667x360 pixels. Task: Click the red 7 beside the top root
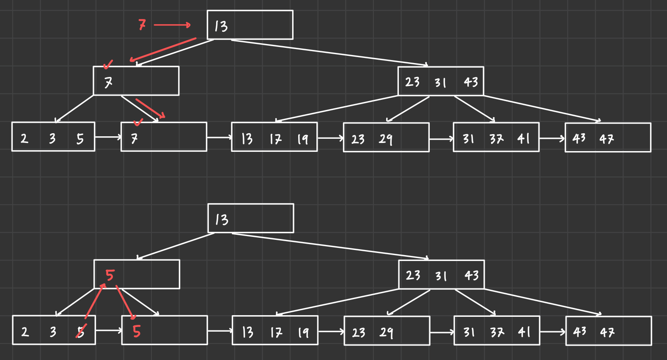[x=142, y=25]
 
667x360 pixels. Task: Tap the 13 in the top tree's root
[x=221, y=26]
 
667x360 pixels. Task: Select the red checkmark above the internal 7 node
[x=108, y=64]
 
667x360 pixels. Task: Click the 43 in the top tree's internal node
[x=471, y=82]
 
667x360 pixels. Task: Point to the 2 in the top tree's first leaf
[x=24, y=138]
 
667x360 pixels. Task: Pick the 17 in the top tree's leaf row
[x=276, y=139]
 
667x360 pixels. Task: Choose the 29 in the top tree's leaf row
[x=385, y=139]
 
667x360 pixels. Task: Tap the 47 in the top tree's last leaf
[x=607, y=139]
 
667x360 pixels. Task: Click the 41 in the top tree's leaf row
[x=523, y=138]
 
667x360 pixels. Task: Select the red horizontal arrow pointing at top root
[x=172, y=25]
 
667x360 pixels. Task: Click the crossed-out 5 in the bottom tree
[x=80, y=331]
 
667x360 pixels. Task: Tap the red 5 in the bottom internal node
[x=110, y=275]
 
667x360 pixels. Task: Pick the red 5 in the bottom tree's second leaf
[x=136, y=331]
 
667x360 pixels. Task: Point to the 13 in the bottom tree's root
[x=222, y=220]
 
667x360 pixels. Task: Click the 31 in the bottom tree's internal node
[x=441, y=276]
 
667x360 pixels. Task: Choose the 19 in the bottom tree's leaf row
[x=303, y=332]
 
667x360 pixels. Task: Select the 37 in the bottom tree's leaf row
[x=497, y=332]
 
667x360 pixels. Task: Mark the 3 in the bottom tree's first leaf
[x=53, y=332]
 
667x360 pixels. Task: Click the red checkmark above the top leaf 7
[x=138, y=122]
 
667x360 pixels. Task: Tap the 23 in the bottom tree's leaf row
[x=359, y=333]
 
